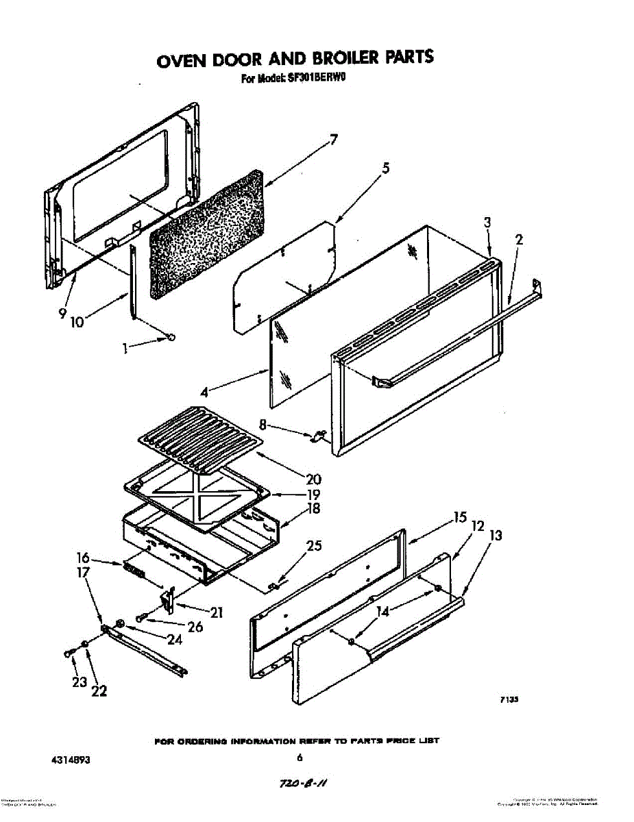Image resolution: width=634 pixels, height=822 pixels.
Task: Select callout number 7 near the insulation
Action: pos(333,140)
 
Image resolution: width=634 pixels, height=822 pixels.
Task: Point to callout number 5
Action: pos(386,168)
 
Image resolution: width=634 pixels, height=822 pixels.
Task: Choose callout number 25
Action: pos(314,546)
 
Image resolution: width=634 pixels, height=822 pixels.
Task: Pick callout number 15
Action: pos(459,518)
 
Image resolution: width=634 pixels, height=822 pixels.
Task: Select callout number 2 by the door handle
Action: pos(519,240)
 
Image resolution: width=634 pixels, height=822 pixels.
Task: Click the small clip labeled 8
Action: pos(317,435)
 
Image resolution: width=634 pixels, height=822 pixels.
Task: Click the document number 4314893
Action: pos(71,760)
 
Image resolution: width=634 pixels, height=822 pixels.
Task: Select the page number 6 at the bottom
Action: pos(300,758)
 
